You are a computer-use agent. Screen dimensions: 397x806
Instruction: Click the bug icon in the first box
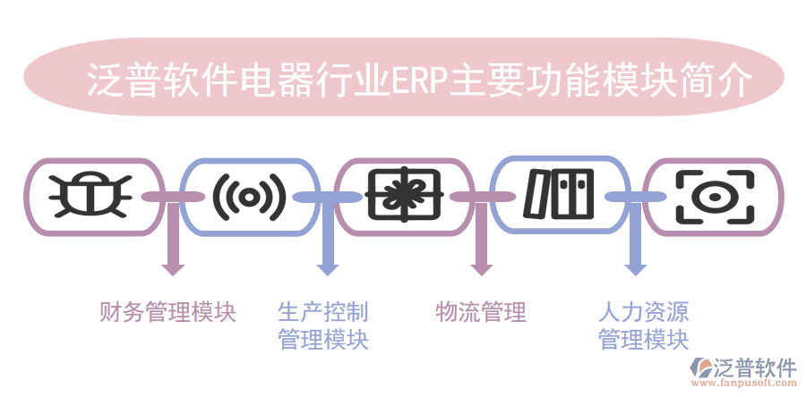(92, 196)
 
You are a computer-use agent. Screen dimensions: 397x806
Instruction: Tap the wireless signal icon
(248, 196)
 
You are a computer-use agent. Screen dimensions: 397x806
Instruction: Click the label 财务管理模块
(167, 312)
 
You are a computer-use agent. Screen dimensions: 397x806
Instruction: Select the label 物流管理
(480, 312)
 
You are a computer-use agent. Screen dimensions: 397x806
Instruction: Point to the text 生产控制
(322, 312)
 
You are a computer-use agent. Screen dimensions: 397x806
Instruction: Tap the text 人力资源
(643, 312)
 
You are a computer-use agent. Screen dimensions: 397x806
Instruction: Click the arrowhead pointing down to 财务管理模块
(171, 266)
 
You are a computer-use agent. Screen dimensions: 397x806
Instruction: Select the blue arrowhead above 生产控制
(327, 266)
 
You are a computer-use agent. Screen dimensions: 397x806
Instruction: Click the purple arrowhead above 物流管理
(482, 266)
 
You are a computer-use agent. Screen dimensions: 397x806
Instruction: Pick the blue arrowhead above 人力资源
(636, 266)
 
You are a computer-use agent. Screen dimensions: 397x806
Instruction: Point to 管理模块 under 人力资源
(643, 340)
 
